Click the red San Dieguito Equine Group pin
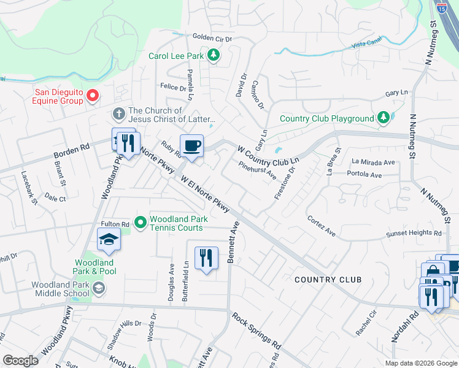93,95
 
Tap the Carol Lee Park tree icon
214,56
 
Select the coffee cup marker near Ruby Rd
191,146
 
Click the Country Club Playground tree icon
383,117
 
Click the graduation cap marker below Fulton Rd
109,239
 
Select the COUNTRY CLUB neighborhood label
328,280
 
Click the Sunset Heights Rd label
414,234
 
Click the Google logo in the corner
20,361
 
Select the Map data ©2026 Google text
421,362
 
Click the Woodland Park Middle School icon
98,288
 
